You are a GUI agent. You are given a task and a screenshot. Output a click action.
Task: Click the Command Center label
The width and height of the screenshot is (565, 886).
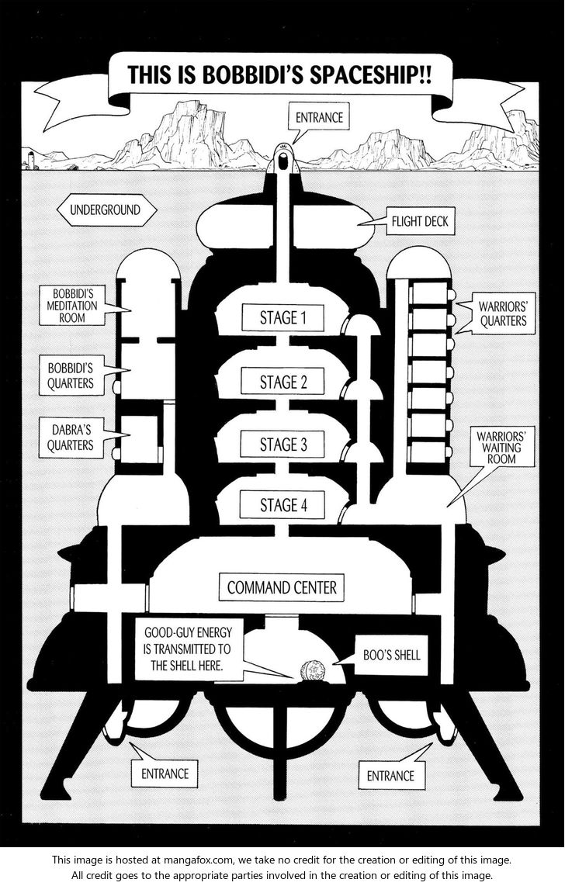coord(282,587)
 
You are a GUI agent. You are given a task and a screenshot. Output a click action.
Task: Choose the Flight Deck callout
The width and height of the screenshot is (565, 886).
coord(425,222)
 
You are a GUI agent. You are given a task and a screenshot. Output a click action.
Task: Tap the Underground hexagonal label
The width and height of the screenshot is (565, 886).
coord(105,210)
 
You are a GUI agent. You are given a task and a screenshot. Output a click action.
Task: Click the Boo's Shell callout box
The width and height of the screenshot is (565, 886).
coord(392,656)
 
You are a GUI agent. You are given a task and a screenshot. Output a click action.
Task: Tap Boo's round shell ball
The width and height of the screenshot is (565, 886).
coord(314,669)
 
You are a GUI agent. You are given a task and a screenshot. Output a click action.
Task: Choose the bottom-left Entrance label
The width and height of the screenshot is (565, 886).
coord(165,773)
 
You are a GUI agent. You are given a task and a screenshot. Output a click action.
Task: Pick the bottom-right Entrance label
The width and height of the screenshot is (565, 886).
coord(390,775)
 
